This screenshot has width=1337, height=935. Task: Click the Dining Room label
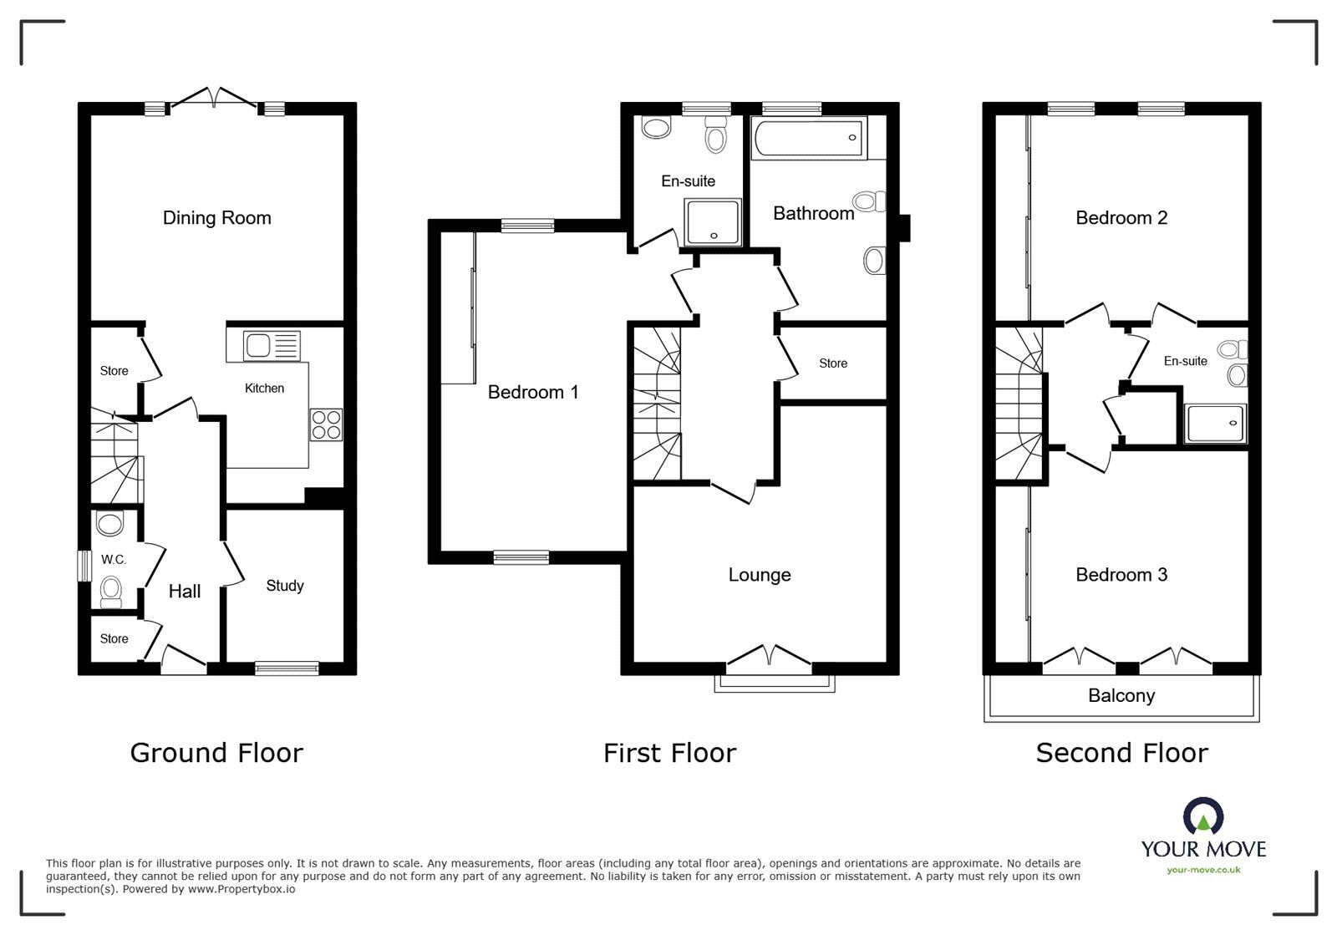click(216, 218)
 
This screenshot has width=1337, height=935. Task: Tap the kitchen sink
click(272, 345)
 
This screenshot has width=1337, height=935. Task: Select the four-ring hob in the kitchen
click(327, 424)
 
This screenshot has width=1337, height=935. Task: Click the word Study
click(285, 586)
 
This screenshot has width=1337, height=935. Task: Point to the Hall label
click(185, 592)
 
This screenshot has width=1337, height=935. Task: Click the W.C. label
click(114, 560)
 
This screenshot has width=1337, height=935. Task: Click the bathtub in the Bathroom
click(809, 138)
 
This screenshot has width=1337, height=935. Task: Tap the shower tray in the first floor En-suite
click(713, 222)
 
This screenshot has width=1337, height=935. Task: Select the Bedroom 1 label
click(533, 392)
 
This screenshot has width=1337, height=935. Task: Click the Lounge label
click(760, 575)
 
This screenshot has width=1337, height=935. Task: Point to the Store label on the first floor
click(833, 363)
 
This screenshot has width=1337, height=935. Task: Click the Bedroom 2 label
click(1121, 218)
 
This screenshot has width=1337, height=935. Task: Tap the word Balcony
click(1121, 696)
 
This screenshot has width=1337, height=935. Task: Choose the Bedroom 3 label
click(1121, 575)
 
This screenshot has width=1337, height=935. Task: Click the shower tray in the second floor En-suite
click(1216, 424)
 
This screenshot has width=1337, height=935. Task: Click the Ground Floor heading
click(216, 753)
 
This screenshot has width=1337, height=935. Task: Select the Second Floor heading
click(1122, 753)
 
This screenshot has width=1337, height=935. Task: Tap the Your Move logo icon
click(1203, 816)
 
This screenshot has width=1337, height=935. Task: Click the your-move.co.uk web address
click(1203, 870)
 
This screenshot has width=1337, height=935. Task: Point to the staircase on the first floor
click(657, 404)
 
